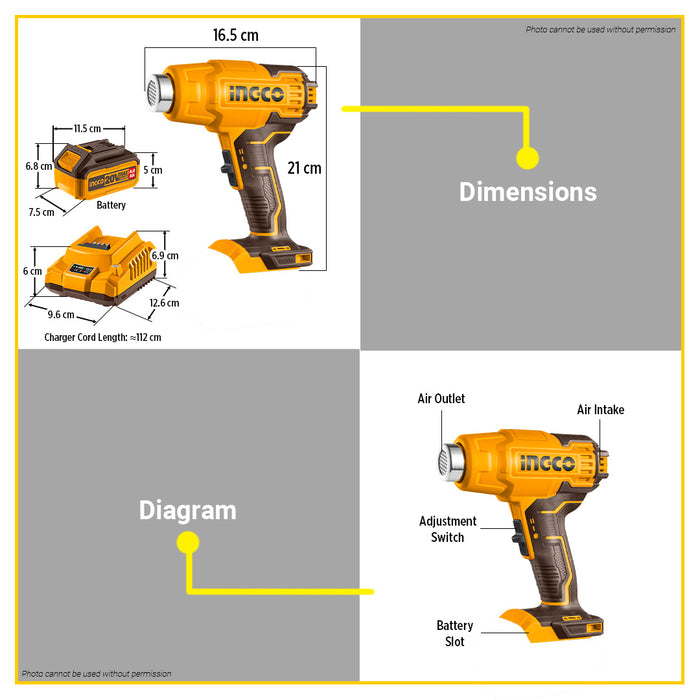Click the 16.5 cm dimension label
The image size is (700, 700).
coord(235,35)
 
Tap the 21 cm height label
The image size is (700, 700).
coord(305,168)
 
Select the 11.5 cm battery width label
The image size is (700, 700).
coord(87,129)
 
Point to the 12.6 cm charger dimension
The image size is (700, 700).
coord(164,303)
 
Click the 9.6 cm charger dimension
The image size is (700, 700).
coord(62,314)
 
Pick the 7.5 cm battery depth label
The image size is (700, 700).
coord(41,212)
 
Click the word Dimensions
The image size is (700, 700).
coord(527,192)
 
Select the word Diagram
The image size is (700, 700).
coord(187,511)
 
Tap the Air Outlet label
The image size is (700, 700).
coord(441,399)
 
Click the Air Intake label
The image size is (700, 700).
coord(600,410)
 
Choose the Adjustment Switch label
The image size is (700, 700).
coord(448,529)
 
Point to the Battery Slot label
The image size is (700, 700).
coord(455,634)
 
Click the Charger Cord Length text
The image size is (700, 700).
coord(102,338)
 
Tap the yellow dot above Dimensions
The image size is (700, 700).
coord(527,158)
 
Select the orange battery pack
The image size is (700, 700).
coord(100,171)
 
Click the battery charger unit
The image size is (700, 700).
coord(105,270)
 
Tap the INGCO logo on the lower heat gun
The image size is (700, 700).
coord(547,464)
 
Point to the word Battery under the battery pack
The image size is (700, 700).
coord(111,205)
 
